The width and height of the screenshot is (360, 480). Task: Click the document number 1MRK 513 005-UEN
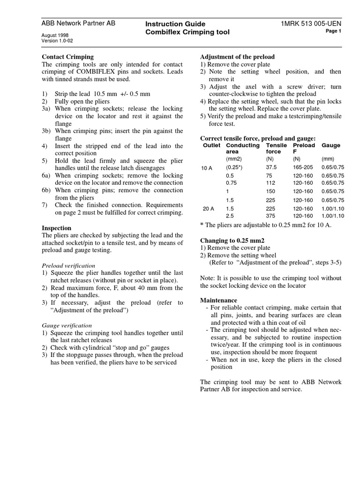[311, 23]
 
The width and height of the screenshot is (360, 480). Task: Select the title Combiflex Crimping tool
[187, 32]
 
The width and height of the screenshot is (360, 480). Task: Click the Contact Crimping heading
[68, 57]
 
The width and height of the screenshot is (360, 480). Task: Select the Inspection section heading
[57, 228]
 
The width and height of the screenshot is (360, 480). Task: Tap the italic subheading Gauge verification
[67, 325]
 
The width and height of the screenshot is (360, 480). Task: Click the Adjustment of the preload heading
[237, 57]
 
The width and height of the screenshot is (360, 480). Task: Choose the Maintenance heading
[218, 300]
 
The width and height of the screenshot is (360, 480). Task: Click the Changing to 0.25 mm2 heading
[231, 240]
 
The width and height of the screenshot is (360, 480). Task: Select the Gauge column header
[331, 145]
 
